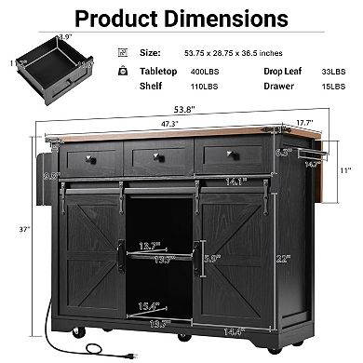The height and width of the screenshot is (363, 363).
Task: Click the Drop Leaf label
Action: point(282,71)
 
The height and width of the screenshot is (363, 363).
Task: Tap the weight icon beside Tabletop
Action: point(124,71)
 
